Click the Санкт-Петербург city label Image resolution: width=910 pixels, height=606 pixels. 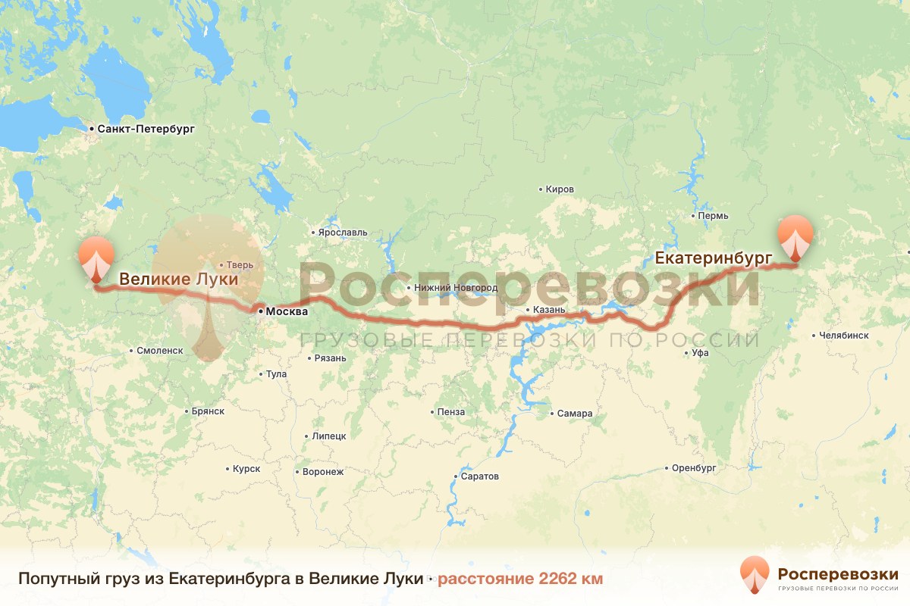point(146,130)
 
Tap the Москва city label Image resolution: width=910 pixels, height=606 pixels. point(287,311)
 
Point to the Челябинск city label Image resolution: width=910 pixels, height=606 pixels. point(844,336)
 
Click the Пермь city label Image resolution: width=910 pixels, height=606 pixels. point(714,216)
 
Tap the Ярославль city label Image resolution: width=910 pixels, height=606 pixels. point(342,233)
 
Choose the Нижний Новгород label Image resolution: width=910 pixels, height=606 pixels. point(455,288)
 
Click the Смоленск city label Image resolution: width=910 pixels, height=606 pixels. point(160,351)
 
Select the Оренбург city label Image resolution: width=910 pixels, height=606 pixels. point(694,468)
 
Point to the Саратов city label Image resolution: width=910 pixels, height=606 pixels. point(480,477)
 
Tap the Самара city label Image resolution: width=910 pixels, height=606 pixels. point(574,414)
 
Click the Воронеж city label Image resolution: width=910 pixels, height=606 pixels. point(322,472)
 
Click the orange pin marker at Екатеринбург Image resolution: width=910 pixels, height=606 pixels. point(795,237)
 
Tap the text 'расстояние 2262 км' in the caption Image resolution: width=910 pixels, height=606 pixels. point(520,579)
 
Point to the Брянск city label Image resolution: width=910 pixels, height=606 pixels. point(208,411)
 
